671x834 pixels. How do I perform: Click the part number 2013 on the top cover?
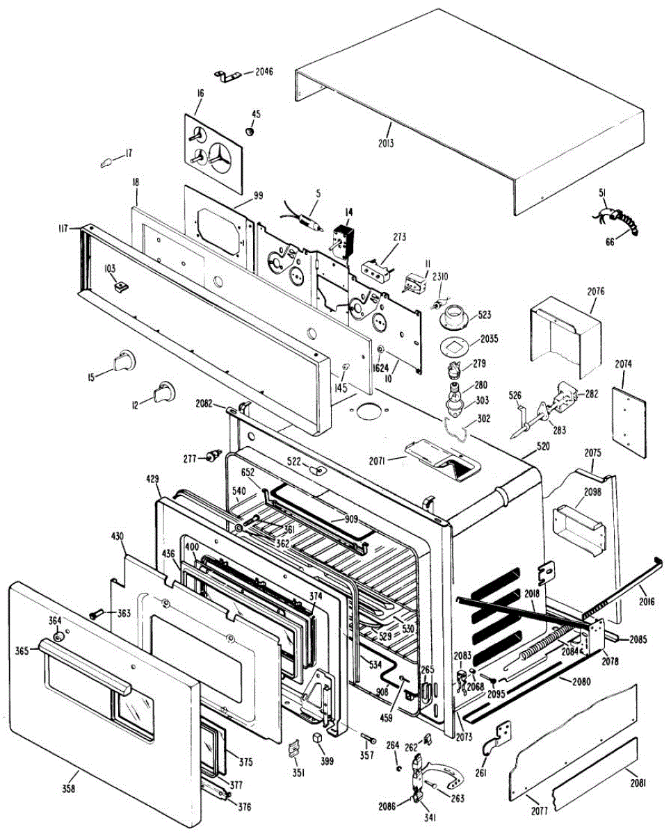[x=387, y=144]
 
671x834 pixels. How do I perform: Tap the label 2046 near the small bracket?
[x=265, y=72]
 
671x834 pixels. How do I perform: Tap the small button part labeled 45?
[x=251, y=130]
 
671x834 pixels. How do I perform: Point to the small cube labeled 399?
[x=318, y=737]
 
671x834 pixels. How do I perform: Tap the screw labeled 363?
[x=97, y=614]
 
